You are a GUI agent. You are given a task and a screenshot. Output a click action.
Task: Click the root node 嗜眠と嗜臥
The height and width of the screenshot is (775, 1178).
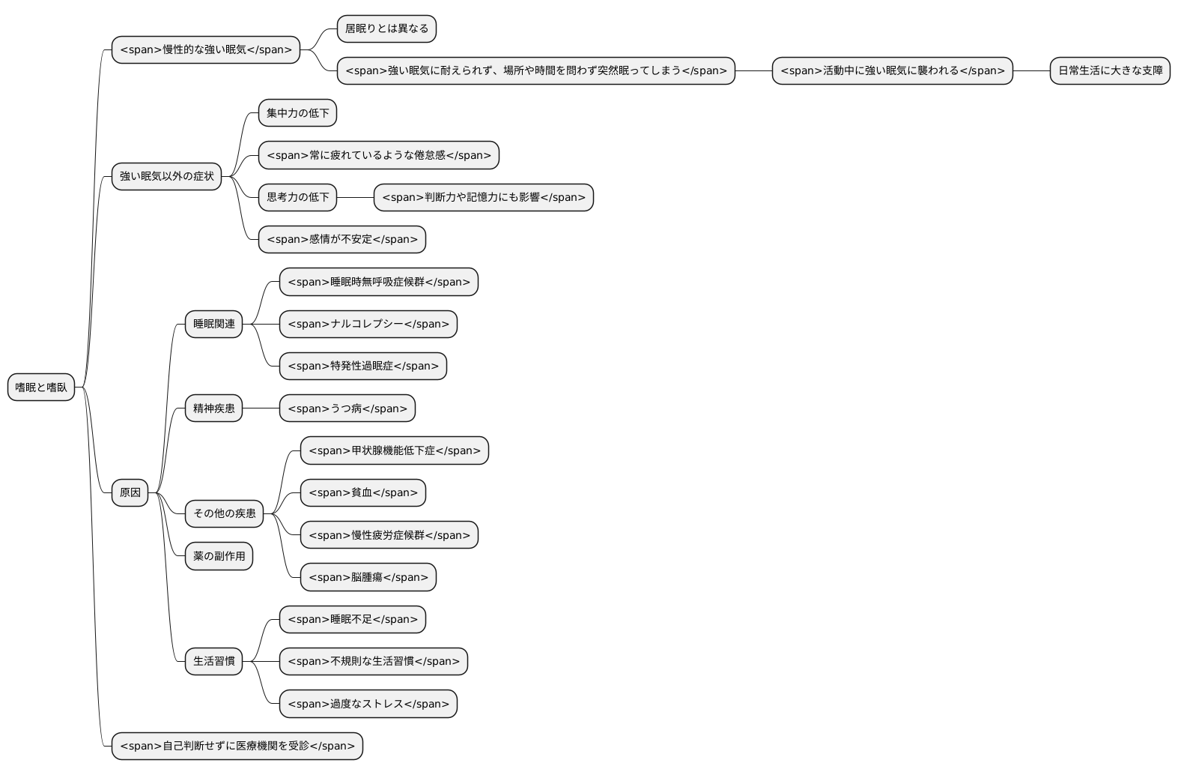(41, 387)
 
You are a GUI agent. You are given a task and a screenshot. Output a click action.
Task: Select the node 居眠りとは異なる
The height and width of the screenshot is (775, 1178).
(386, 28)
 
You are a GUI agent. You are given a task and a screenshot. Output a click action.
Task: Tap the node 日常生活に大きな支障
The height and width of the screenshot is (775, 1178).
(1109, 70)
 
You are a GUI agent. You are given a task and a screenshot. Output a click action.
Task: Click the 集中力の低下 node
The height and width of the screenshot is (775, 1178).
(297, 113)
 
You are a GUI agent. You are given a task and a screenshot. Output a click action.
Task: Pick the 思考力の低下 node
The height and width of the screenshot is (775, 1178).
(297, 197)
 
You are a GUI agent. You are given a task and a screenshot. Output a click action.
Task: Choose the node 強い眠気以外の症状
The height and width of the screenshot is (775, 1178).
(166, 176)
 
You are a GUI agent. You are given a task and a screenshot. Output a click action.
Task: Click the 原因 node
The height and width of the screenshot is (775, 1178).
(130, 492)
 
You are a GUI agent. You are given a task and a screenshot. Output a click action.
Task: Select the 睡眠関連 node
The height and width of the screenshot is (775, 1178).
(213, 324)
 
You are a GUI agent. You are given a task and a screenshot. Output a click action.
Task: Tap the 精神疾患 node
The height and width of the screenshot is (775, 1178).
(213, 408)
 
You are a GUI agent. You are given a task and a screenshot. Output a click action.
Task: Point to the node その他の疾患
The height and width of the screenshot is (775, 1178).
(224, 513)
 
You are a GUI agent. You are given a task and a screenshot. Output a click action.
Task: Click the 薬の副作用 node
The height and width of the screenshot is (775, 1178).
(219, 556)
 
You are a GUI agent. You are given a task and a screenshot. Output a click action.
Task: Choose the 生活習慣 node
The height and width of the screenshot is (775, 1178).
(213, 661)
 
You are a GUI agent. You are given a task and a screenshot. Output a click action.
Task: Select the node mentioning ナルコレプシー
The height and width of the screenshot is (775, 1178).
(368, 324)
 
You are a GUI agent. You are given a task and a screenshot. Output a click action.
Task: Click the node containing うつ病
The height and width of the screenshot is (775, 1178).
(347, 408)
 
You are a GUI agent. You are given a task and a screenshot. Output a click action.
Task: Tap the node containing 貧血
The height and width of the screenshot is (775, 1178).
(362, 492)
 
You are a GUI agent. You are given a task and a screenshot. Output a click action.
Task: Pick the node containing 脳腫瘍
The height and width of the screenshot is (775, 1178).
(368, 577)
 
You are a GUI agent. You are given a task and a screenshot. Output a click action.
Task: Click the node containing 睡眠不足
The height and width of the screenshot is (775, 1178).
(352, 619)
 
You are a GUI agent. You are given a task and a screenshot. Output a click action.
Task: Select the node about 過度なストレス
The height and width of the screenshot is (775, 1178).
(368, 704)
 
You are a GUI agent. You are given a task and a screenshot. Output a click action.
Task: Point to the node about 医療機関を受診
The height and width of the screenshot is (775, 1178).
(237, 746)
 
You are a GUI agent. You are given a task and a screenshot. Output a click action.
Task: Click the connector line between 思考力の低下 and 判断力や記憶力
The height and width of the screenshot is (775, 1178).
(355, 197)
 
